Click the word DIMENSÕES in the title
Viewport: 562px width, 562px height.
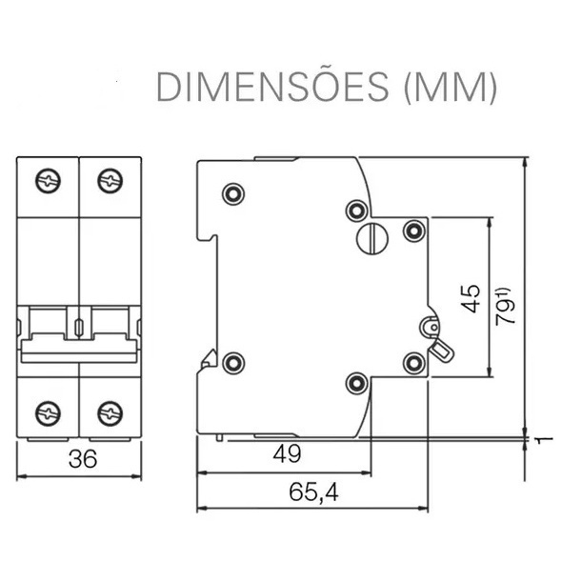(272, 87)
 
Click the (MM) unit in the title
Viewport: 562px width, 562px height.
(451, 88)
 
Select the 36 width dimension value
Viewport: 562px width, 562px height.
(83, 459)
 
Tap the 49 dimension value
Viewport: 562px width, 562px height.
(287, 453)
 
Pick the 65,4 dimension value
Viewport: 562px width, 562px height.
(313, 492)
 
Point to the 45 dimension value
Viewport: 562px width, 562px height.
(471, 298)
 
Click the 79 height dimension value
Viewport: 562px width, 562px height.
(505, 307)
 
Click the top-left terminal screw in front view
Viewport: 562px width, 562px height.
(48, 181)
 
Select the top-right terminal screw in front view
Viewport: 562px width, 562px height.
(110, 181)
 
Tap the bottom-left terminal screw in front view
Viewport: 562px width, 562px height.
(48, 413)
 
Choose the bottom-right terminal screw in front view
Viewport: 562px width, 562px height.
(110, 413)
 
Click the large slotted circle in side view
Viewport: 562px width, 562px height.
(372, 238)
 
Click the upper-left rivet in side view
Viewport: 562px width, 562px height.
(233, 194)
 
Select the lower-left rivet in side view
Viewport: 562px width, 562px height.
(233, 363)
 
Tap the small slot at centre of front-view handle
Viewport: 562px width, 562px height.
(79, 327)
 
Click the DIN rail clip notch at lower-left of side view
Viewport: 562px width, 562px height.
(208, 360)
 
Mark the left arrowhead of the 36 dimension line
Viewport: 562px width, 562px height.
(22, 476)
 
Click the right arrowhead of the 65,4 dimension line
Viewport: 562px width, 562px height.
(423, 508)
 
